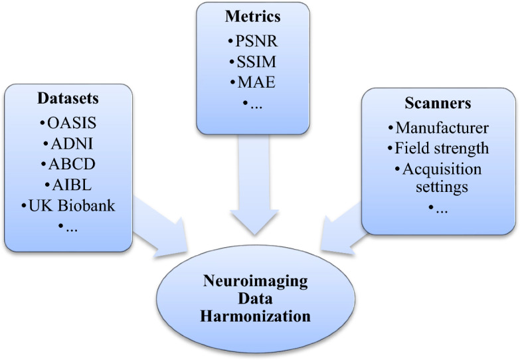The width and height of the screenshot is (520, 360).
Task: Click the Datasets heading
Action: tap(68, 98)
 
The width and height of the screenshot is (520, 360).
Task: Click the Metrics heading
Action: tap(253, 16)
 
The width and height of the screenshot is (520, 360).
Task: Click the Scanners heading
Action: tap(438, 103)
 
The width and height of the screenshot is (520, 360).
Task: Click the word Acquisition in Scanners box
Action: tap(442, 169)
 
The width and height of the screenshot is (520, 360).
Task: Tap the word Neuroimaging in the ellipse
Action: tap(256, 282)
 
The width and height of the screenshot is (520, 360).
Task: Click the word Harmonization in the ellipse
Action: tap(256, 315)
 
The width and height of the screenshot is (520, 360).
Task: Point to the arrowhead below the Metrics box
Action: tap(254, 223)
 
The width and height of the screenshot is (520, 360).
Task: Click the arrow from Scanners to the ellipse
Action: tap(344, 230)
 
